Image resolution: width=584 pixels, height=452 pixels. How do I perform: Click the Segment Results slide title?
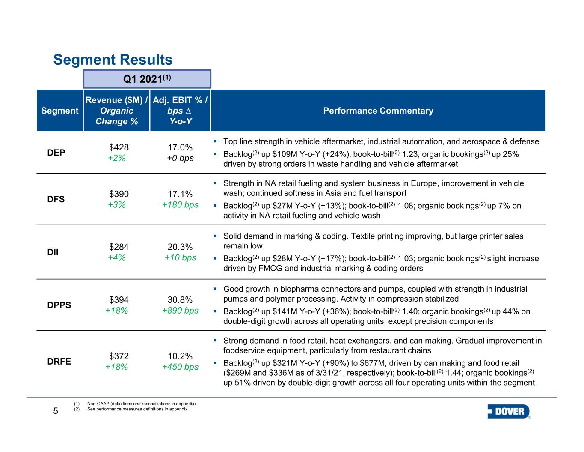tap(113, 60)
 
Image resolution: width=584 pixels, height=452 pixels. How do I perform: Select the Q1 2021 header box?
tap(147, 79)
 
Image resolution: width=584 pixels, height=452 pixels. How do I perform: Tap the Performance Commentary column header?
tap(378, 111)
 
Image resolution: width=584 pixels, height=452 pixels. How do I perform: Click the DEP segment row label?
tap(56, 153)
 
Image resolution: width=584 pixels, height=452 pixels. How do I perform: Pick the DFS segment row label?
tap(56, 199)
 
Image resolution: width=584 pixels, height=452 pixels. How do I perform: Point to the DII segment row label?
tap(53, 252)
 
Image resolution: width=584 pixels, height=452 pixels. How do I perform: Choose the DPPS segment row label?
tap(59, 305)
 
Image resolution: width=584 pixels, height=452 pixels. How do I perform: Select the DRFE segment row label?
tap(59, 361)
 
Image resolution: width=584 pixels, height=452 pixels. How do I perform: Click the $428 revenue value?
tap(119, 147)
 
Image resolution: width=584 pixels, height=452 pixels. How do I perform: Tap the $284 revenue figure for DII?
tap(119, 247)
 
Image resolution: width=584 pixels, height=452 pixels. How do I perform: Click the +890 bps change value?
tap(180, 311)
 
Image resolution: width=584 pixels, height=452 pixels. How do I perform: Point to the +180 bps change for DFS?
tap(180, 205)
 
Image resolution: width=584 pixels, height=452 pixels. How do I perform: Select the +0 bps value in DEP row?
tap(180, 158)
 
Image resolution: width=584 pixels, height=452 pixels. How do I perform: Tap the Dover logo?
tap(509, 412)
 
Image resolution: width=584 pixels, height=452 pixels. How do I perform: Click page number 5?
tap(55, 411)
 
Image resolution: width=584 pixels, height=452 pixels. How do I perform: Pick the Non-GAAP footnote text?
tap(141, 404)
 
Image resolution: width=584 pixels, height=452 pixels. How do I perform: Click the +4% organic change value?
tap(117, 257)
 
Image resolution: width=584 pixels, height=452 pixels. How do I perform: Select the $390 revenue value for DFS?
tap(119, 194)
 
